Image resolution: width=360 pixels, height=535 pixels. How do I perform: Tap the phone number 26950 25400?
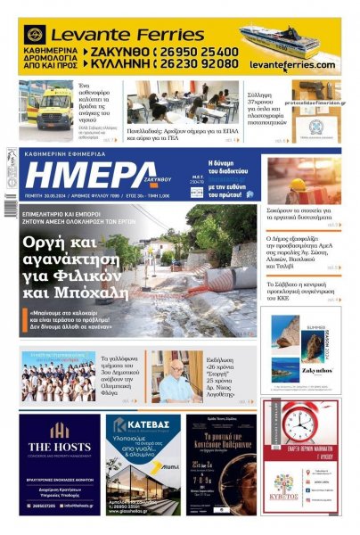click(x=200, y=53)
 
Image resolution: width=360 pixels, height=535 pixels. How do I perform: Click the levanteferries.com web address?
click(x=292, y=65)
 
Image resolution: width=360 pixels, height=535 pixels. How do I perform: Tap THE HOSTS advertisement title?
click(x=60, y=448)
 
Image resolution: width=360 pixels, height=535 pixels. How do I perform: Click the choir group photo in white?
click(x=59, y=376)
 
